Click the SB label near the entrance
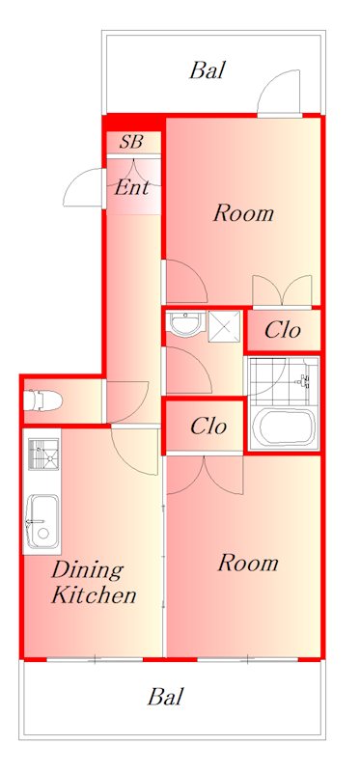131,142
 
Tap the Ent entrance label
131,187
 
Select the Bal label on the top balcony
208,70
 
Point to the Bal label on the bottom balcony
165,697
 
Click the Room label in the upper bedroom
243,213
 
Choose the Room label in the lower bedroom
248,563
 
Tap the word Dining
87,571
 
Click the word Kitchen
94,595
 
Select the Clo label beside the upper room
282,329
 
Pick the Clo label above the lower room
208,426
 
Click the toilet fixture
42,400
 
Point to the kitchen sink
42,521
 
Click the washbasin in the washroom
185,324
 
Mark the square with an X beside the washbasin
224,326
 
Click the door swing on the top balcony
278,93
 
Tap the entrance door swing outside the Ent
84,187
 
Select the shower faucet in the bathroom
305,379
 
